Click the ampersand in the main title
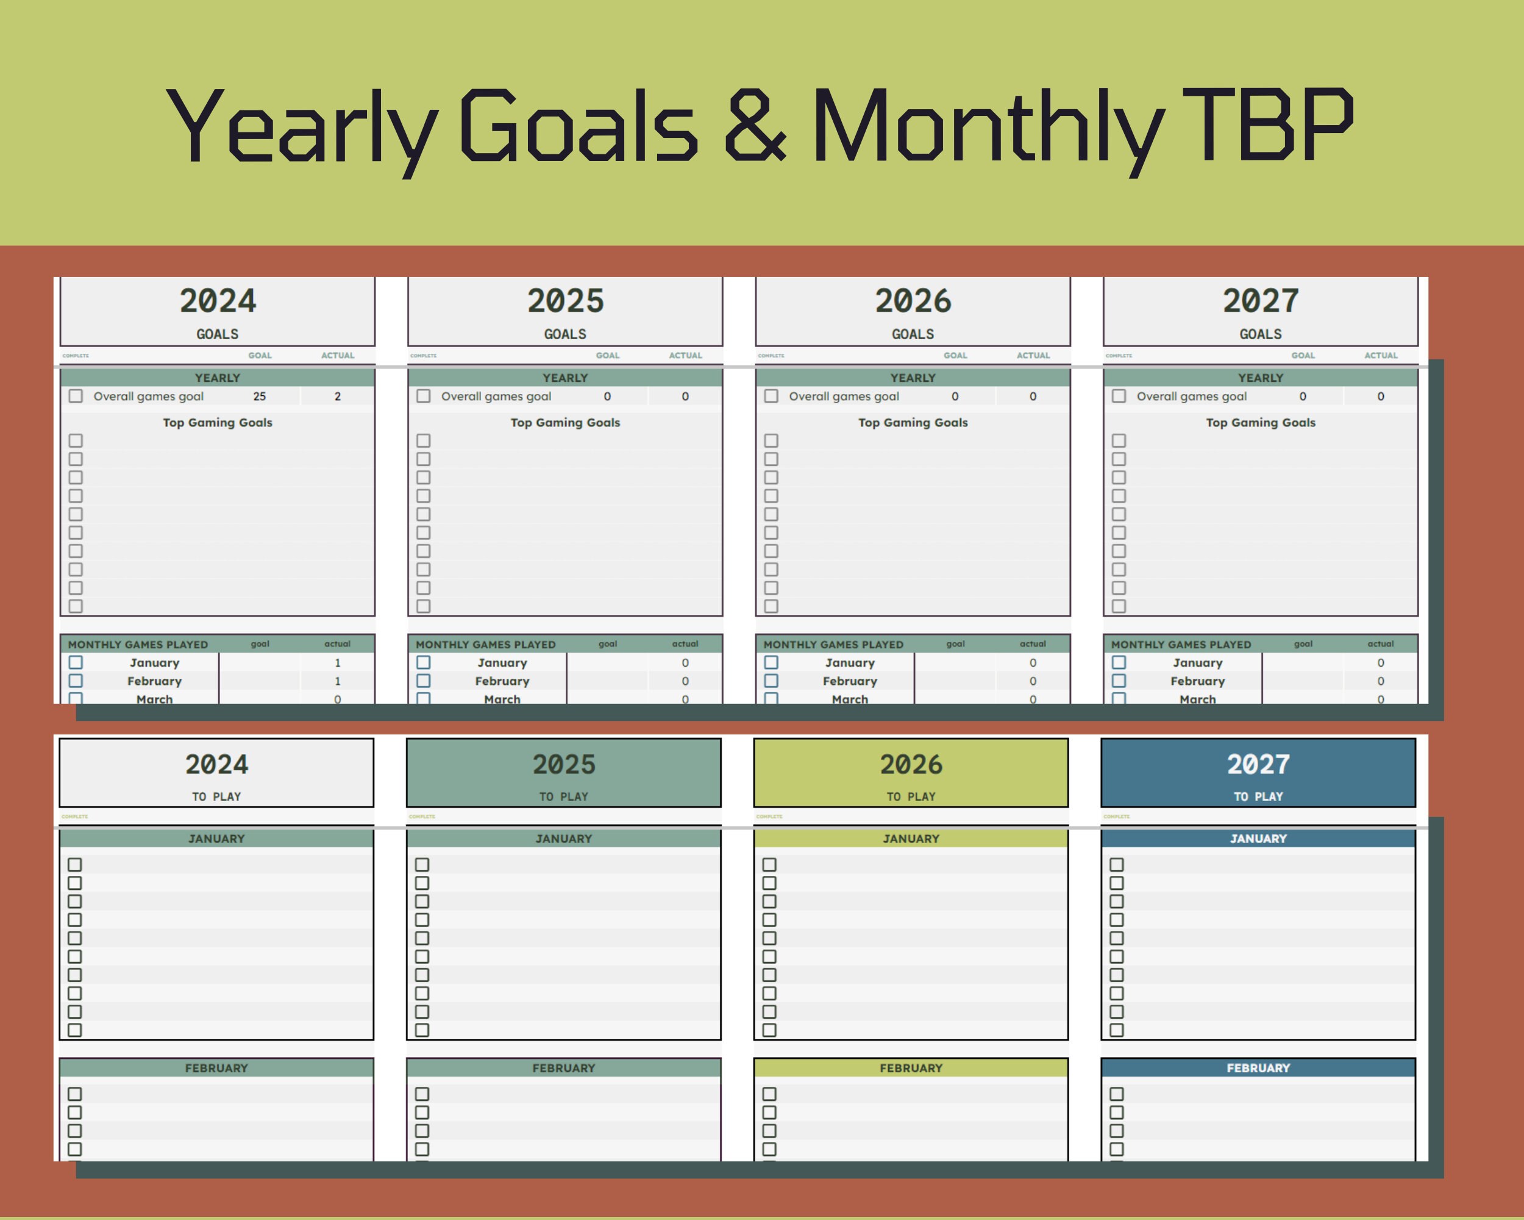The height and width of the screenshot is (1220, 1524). [x=755, y=125]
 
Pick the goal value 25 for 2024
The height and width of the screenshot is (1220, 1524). [x=260, y=396]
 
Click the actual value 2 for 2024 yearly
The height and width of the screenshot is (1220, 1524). [x=338, y=396]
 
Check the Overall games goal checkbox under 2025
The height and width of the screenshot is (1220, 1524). [x=424, y=396]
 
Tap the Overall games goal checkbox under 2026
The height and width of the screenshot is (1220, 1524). [x=771, y=396]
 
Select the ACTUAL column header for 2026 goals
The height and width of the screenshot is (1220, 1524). [x=1033, y=356]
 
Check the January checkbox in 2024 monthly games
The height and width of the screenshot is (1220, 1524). [x=76, y=662]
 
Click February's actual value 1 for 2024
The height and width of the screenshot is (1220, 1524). [x=338, y=681]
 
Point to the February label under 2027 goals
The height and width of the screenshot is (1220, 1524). [x=1197, y=681]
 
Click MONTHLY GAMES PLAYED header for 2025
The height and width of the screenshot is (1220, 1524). [x=486, y=644]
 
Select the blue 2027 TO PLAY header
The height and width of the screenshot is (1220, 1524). [x=1258, y=773]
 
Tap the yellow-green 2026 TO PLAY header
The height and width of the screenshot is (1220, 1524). [x=911, y=773]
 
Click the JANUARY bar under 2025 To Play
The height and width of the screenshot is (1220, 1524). [x=563, y=839]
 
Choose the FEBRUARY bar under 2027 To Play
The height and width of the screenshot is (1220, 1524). [x=1258, y=1068]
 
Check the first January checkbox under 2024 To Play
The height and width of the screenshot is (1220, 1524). [x=75, y=864]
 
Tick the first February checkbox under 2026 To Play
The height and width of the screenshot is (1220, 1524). [x=770, y=1094]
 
